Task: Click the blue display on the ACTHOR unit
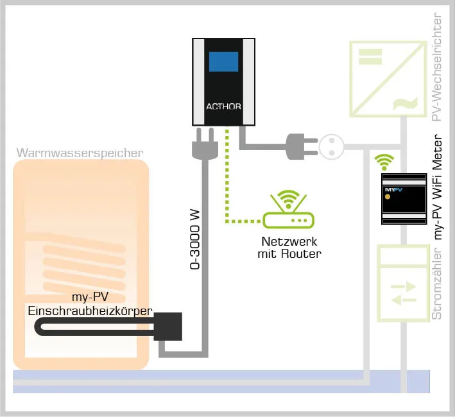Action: (223, 63)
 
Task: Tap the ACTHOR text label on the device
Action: (223, 106)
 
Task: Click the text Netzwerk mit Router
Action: (291, 248)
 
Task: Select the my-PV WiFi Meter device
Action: (404, 199)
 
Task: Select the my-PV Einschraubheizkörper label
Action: (90, 305)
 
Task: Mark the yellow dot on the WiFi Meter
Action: (388, 196)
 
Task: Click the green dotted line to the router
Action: (227, 186)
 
